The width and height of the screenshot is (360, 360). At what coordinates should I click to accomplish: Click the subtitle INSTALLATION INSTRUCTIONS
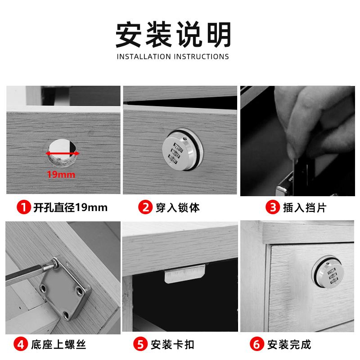pos(173,57)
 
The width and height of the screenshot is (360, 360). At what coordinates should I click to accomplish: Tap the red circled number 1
pos(23,207)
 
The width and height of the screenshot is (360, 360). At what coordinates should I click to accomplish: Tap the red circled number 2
pos(145,207)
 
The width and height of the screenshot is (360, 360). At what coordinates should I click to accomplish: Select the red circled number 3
pos(273,207)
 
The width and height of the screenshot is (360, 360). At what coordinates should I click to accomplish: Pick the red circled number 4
pos(21,345)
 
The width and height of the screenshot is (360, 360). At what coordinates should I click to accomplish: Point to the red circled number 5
pos(141,345)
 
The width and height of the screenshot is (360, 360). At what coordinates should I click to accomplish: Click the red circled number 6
pos(257,345)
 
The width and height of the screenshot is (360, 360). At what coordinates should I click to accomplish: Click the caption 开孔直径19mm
pos(70,207)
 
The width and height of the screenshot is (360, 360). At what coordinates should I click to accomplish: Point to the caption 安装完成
pos(289,345)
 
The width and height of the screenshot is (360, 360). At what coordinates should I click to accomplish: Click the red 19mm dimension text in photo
pos(62,174)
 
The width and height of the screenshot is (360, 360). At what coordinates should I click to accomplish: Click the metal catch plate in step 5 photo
pos(184,274)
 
